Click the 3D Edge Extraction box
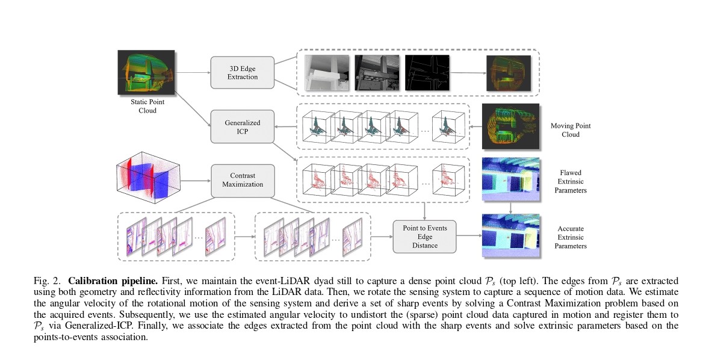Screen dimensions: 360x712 (242, 72)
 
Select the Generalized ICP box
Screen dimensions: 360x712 (242, 126)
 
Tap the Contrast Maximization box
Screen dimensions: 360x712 (242, 179)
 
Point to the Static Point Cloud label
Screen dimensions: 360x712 (143, 107)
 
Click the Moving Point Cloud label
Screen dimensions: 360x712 (570, 129)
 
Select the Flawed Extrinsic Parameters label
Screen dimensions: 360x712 (570, 181)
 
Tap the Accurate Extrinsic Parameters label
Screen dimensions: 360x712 (570, 237)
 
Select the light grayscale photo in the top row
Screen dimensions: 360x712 (327, 73)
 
